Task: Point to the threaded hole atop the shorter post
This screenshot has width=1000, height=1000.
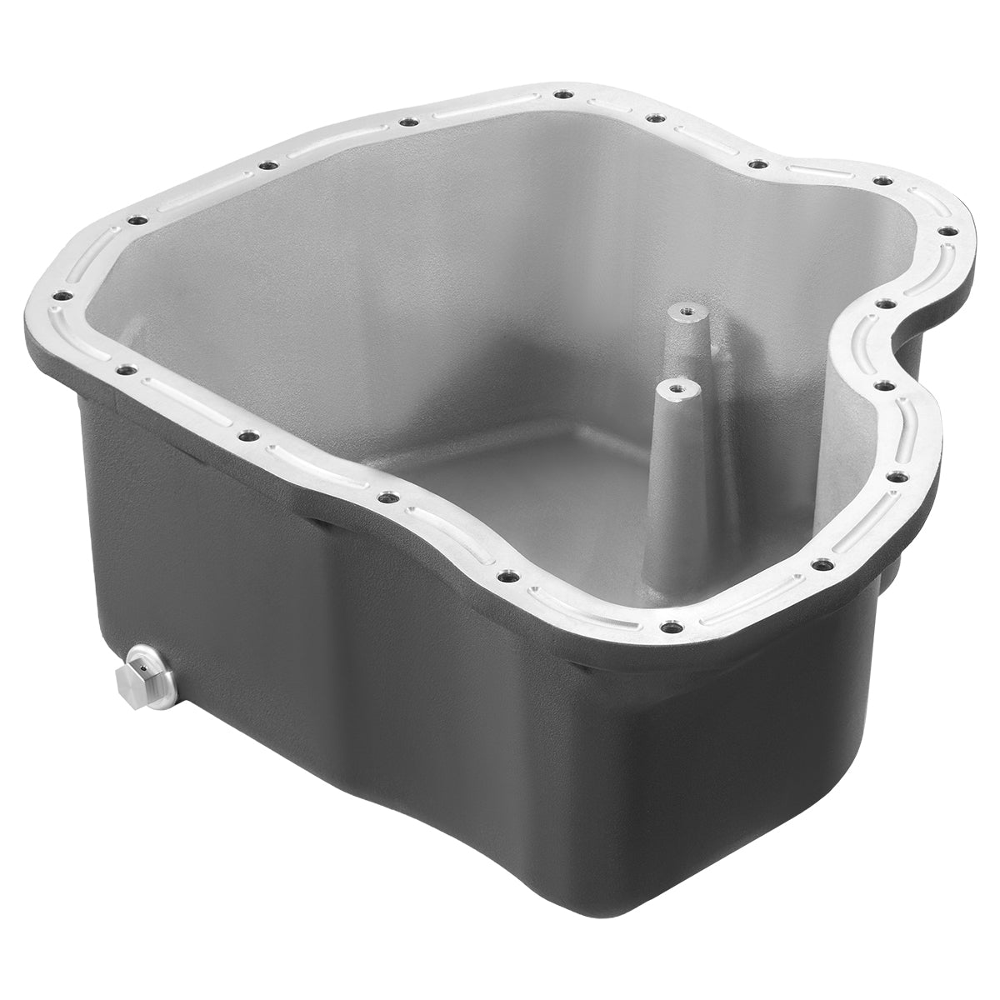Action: coord(674,388)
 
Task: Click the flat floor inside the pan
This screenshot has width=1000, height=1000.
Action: coord(500,467)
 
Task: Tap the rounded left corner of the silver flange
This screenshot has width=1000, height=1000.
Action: coord(50,300)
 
